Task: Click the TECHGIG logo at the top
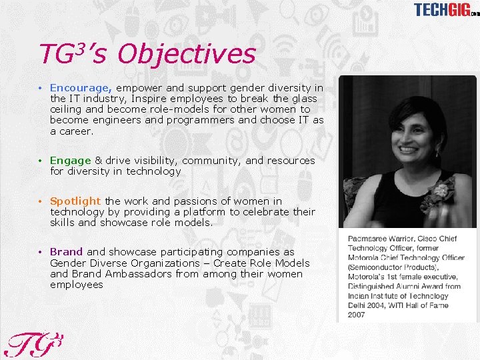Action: pos(445,9)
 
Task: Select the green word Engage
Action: pos(70,160)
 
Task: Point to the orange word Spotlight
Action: pos(75,201)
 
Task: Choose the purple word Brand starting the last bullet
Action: pos(66,252)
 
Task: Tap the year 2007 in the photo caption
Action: pos(356,315)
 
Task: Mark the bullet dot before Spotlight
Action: pos(41,201)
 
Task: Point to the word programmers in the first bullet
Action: pos(199,120)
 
